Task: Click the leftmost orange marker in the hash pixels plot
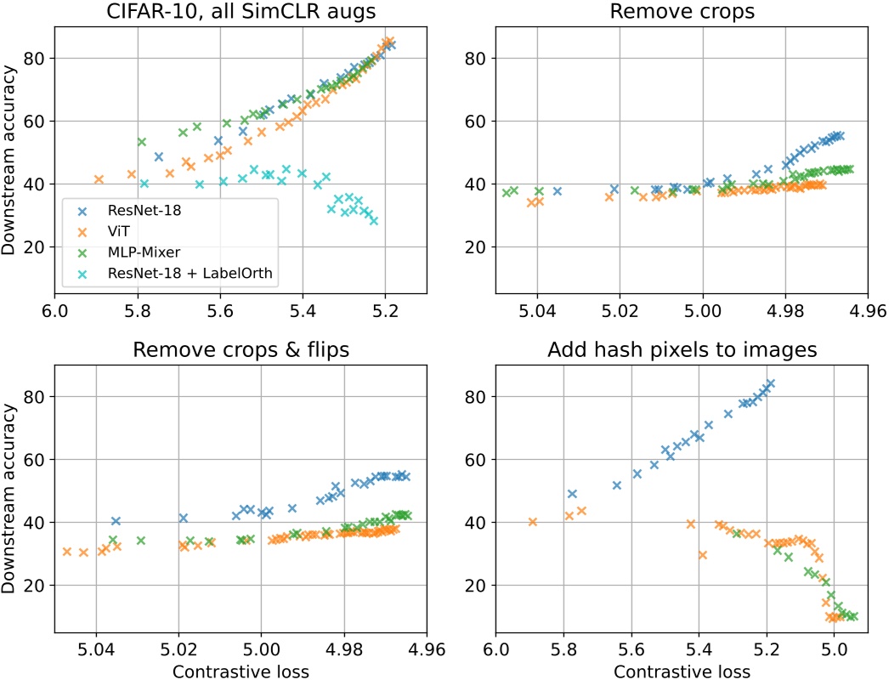[x=533, y=522]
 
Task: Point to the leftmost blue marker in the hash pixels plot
[x=572, y=494]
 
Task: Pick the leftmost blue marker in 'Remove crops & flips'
[x=116, y=521]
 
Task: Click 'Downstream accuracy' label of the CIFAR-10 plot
[x=11, y=160]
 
